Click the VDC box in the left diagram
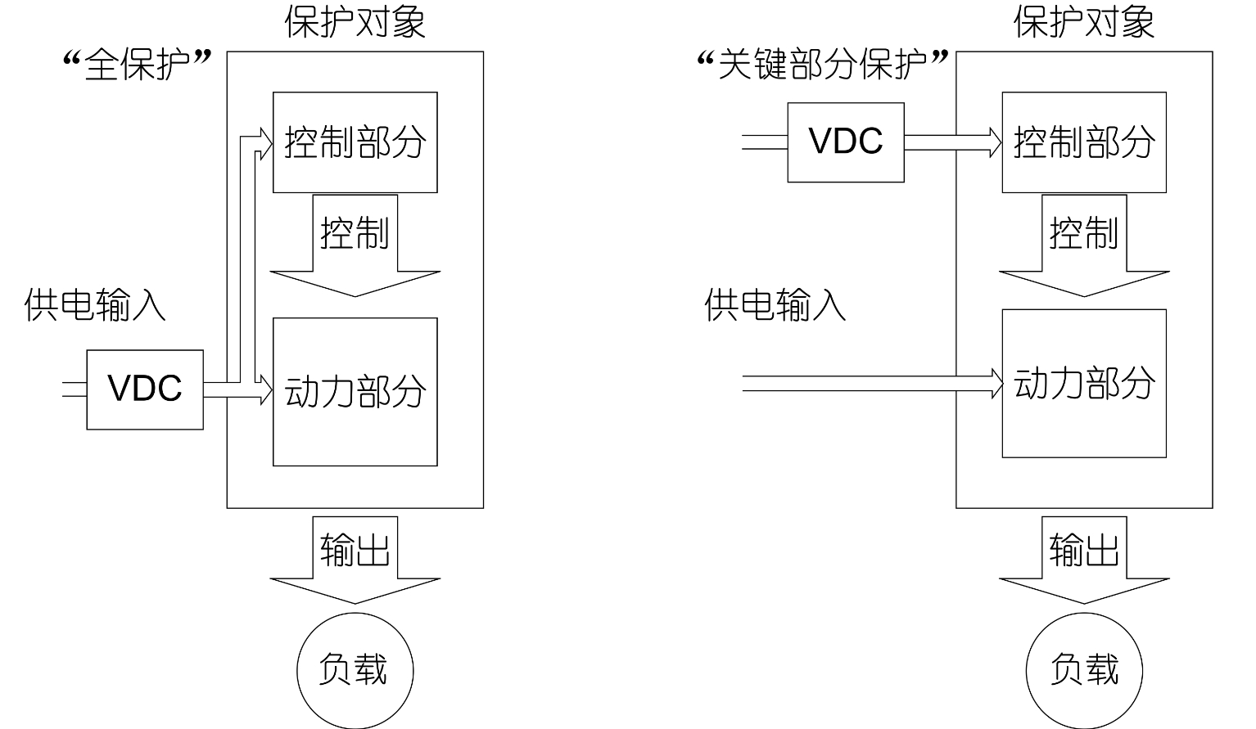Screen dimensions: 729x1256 [145, 389]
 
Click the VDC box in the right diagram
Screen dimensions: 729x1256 [846, 142]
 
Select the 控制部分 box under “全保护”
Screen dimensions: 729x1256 [355, 142]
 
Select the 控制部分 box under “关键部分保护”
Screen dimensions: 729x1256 [1083, 142]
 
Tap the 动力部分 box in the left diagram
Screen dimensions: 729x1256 [355, 391]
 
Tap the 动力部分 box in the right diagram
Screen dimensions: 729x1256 [1083, 383]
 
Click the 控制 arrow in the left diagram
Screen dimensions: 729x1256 [355, 245]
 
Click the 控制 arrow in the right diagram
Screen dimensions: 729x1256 [1083, 245]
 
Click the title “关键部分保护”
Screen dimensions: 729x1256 [822, 64]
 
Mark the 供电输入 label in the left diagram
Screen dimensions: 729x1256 [95, 305]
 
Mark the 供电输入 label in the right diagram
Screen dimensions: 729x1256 [775, 305]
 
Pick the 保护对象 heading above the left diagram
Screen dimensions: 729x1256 [355, 21]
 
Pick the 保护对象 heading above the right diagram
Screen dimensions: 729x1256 [1083, 21]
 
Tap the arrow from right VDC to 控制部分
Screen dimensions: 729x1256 [953, 142]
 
